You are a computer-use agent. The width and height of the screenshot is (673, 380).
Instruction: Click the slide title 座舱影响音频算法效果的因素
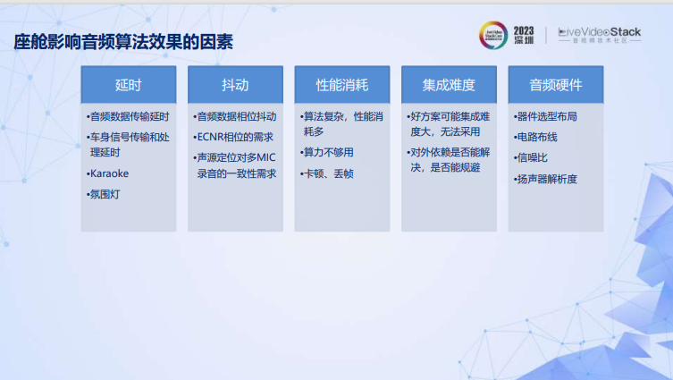click(x=129, y=42)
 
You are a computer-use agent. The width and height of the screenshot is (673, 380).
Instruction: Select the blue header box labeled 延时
click(x=128, y=85)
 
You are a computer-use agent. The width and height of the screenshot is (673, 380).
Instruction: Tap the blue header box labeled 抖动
click(x=235, y=85)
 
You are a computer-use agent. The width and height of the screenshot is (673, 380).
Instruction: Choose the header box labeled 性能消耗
click(x=341, y=85)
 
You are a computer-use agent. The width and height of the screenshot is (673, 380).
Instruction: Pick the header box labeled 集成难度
click(x=449, y=85)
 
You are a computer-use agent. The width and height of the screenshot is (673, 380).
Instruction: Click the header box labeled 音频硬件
click(x=555, y=85)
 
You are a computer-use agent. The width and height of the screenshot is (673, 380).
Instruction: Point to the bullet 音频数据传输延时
click(x=128, y=117)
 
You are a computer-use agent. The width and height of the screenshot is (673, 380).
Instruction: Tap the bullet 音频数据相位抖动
click(x=235, y=117)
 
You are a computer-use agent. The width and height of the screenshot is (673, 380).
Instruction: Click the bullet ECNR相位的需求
click(x=233, y=137)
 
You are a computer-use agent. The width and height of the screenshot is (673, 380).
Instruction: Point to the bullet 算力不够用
click(x=330, y=154)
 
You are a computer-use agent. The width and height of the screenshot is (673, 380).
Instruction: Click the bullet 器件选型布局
click(x=546, y=117)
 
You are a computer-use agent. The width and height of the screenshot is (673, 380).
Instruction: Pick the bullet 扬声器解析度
click(x=546, y=179)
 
